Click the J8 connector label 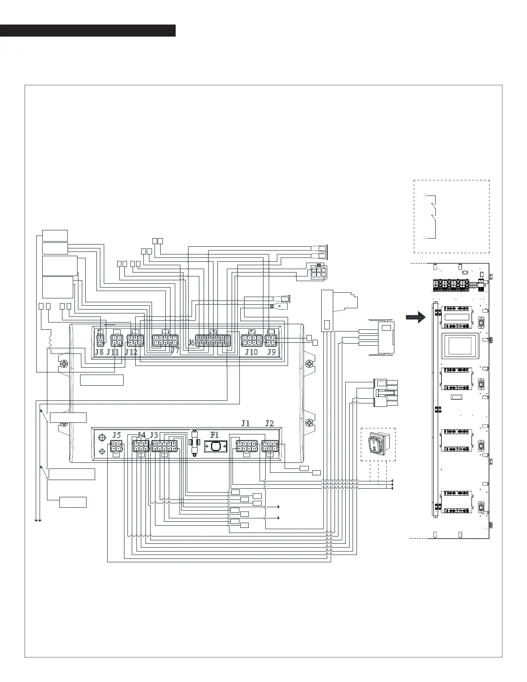tap(99, 352)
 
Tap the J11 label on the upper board tap(113, 352)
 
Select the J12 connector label tap(131, 352)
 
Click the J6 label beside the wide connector tap(192, 343)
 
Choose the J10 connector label tap(251, 352)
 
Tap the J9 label tap(271, 352)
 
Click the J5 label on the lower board tap(117, 435)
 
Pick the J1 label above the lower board tap(245, 423)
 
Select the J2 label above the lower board tap(270, 423)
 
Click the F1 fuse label tap(214, 435)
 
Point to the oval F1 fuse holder tap(215, 447)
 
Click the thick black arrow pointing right tap(415, 317)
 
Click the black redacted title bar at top tap(88, 31)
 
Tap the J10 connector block tap(252, 341)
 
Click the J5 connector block tap(116, 448)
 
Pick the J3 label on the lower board tap(154, 435)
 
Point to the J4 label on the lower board tap(141, 435)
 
